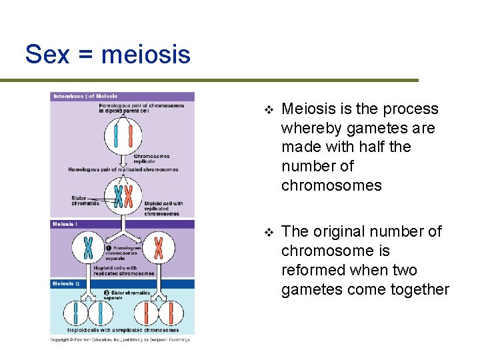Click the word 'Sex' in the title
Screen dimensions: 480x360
point(47,54)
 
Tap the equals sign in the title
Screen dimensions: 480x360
point(85,55)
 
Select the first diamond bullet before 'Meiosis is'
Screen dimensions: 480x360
point(268,109)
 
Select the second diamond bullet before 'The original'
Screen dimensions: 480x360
point(268,232)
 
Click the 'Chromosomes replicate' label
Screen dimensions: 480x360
point(151,159)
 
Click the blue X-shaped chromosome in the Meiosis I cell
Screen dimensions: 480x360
point(88,248)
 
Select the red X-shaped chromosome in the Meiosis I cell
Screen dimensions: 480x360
point(159,248)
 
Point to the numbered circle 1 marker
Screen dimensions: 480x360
point(108,248)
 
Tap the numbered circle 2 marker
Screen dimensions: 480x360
point(107,293)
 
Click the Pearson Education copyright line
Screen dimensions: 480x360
point(121,339)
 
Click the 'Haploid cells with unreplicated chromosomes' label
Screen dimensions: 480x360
point(123,330)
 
